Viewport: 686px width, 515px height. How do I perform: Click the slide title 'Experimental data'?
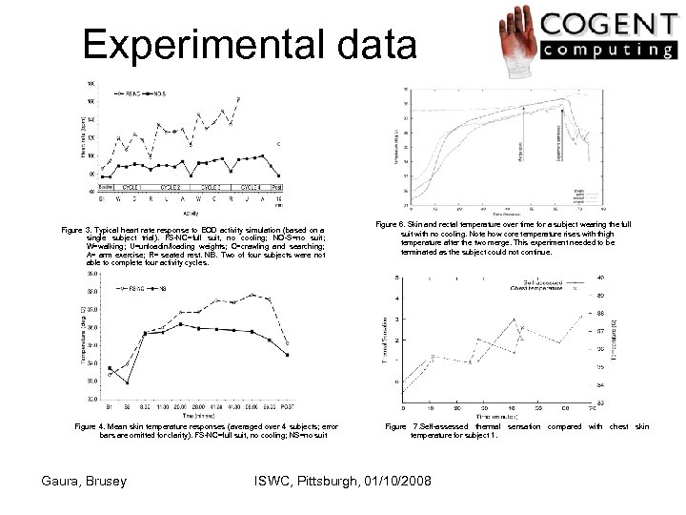point(250,45)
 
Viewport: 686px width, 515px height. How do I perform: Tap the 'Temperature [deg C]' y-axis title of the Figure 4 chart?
point(83,334)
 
